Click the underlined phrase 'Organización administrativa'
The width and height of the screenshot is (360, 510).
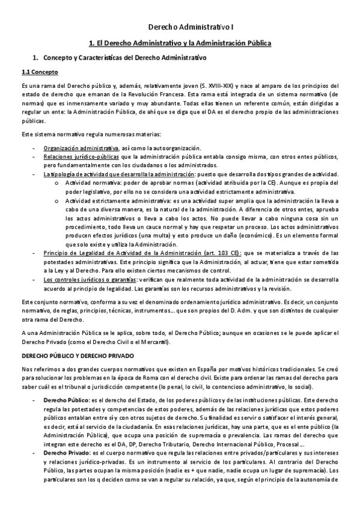point(81,148)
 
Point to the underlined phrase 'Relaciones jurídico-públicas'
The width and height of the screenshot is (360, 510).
point(81,157)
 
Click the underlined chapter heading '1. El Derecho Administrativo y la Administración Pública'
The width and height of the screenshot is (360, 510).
point(180,43)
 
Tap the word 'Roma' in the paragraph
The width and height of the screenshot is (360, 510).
point(139,378)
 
